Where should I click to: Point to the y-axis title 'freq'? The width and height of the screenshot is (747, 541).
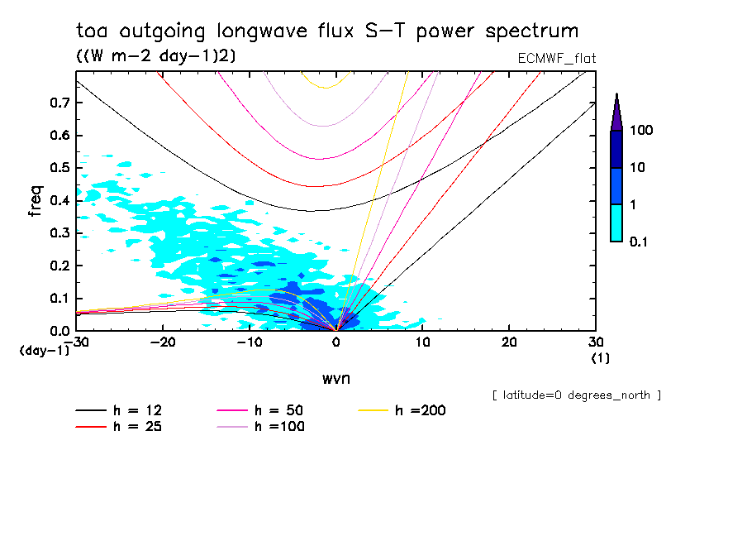pyautogui.click(x=36, y=201)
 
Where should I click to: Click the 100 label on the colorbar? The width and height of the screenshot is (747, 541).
pyautogui.click(x=641, y=131)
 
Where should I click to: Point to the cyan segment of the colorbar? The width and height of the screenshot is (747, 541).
pyautogui.click(x=616, y=223)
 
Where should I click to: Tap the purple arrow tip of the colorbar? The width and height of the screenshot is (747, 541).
pyautogui.click(x=616, y=113)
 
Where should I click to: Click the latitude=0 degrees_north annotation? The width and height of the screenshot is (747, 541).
pyautogui.click(x=576, y=395)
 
